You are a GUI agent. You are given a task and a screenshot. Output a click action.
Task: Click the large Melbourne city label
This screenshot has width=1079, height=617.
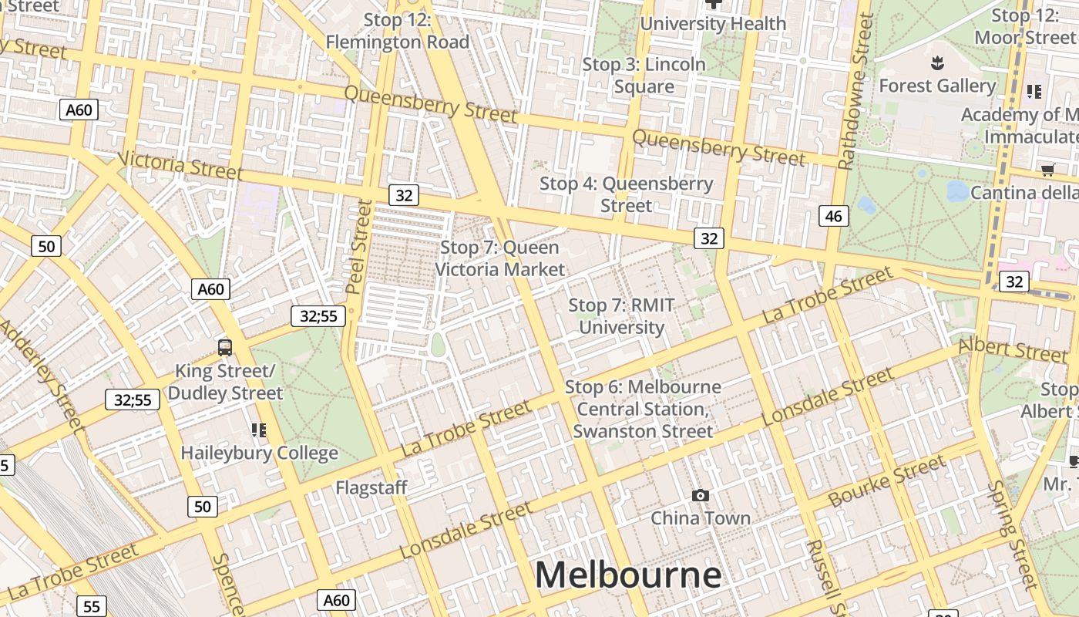(x=627, y=575)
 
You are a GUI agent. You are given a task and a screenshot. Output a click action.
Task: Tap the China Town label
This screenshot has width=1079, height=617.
(x=701, y=518)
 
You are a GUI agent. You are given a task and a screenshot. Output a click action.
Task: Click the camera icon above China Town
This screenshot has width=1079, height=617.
(x=701, y=495)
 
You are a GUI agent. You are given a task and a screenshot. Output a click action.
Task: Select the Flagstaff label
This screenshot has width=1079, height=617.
(x=371, y=487)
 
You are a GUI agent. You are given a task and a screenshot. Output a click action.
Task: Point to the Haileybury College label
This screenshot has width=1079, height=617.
(x=259, y=453)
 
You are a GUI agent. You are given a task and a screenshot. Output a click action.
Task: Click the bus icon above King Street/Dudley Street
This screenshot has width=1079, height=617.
(x=225, y=348)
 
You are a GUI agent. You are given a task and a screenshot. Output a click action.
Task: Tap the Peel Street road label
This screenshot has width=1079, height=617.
(x=358, y=247)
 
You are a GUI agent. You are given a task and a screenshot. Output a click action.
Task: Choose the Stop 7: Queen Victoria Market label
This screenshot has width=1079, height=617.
(x=500, y=258)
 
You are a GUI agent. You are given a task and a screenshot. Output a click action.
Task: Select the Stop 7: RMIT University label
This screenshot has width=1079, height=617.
(x=621, y=316)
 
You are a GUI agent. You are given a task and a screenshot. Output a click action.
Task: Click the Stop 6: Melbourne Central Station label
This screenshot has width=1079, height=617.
(x=643, y=409)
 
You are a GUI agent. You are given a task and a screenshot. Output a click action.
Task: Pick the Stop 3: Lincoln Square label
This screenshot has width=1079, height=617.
(x=644, y=76)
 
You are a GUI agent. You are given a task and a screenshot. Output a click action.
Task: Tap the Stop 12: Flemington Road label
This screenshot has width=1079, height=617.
(x=397, y=31)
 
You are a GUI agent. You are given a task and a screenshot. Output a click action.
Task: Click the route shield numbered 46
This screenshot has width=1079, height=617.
(x=834, y=216)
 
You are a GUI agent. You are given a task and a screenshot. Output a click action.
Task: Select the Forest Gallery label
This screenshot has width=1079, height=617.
(x=937, y=86)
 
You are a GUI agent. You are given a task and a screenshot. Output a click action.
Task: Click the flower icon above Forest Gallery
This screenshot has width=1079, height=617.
(x=938, y=62)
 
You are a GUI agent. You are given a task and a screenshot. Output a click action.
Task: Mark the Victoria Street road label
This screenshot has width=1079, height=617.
(x=181, y=164)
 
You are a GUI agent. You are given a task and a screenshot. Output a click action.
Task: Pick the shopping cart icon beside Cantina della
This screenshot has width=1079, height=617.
(x=1047, y=170)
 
